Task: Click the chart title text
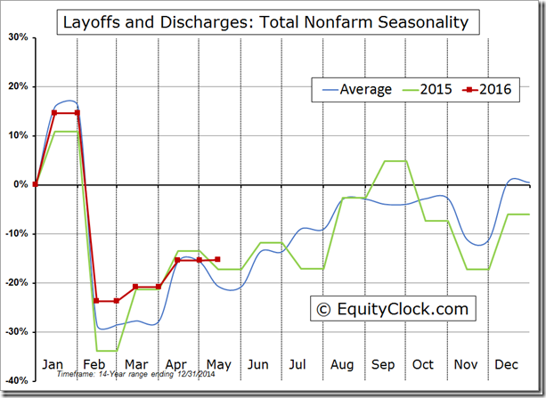pos(264,21)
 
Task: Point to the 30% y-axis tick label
pos(17,37)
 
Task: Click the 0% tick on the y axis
pos(20,184)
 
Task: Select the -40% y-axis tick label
pos(15,380)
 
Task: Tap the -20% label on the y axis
pos(15,282)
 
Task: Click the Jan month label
pos(53,365)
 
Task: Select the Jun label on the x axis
pos(257,365)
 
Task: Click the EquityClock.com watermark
pos(392,309)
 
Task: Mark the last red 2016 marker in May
pos(217,260)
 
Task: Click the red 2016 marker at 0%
pos(35,184)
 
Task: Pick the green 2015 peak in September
pos(395,161)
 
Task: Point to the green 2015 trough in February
pos(107,351)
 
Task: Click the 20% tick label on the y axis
pos(17,86)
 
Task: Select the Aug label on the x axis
pos(343,365)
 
